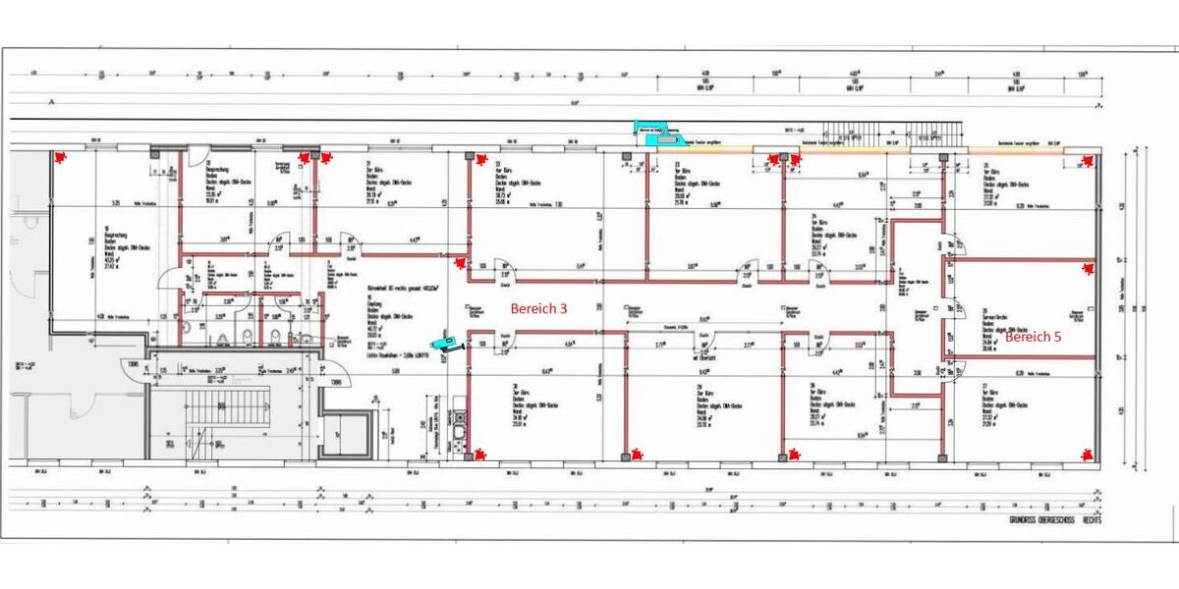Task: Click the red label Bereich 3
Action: (538, 308)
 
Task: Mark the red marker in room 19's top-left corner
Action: (64, 156)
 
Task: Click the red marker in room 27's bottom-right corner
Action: (1086, 454)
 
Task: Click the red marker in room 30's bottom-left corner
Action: (478, 454)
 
